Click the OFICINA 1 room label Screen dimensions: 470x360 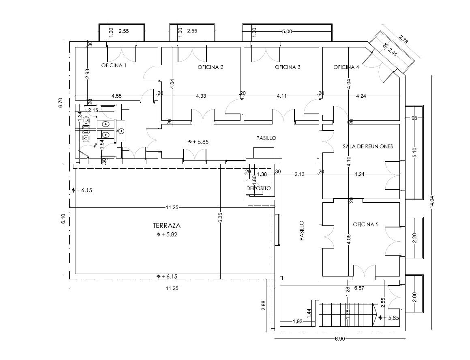click(114, 65)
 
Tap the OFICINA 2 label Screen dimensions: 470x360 click(210, 67)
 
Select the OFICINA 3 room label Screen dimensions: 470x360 click(288, 67)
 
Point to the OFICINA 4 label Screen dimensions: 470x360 click(346, 67)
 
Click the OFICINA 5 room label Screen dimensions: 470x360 click(366, 224)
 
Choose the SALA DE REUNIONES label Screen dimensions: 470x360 click(368, 146)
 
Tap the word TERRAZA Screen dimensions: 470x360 click(167, 225)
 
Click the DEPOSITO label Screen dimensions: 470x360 click(258, 188)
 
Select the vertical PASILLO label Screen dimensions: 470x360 click(302, 231)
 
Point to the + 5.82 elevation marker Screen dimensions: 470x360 click(167, 234)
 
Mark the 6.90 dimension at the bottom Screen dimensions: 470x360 click(339, 339)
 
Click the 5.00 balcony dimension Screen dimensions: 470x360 click(287, 31)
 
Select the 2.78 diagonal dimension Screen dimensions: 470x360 click(403, 40)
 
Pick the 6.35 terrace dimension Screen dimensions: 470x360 click(220, 217)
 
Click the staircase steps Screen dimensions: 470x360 click(348, 315)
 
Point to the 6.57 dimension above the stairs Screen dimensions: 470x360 click(359, 288)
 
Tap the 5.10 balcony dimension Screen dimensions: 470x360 click(415, 153)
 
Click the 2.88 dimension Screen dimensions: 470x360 click(264, 305)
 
